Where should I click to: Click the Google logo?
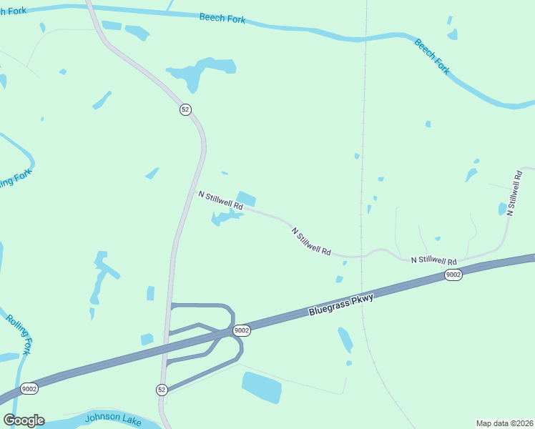point(24,420)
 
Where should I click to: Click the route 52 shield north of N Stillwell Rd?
point(185,109)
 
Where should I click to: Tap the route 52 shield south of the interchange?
point(162,389)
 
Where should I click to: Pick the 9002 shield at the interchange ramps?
point(241,330)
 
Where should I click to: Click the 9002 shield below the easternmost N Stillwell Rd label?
point(453,275)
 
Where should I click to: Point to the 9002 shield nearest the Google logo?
point(29,389)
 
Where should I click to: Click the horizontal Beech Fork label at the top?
point(222,19)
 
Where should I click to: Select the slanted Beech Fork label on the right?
point(432,56)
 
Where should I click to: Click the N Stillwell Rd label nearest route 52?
point(220,200)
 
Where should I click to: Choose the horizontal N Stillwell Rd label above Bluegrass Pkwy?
point(433,261)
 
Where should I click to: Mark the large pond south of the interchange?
point(261,387)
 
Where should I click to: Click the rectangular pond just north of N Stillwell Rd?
point(246,199)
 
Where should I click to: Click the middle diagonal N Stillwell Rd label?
point(311,242)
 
